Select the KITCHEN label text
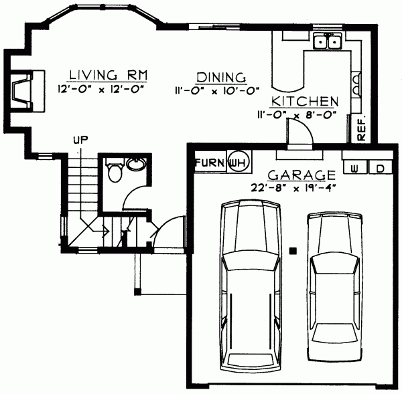point(304,102)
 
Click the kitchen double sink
point(328,43)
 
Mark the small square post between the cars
point(293,251)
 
